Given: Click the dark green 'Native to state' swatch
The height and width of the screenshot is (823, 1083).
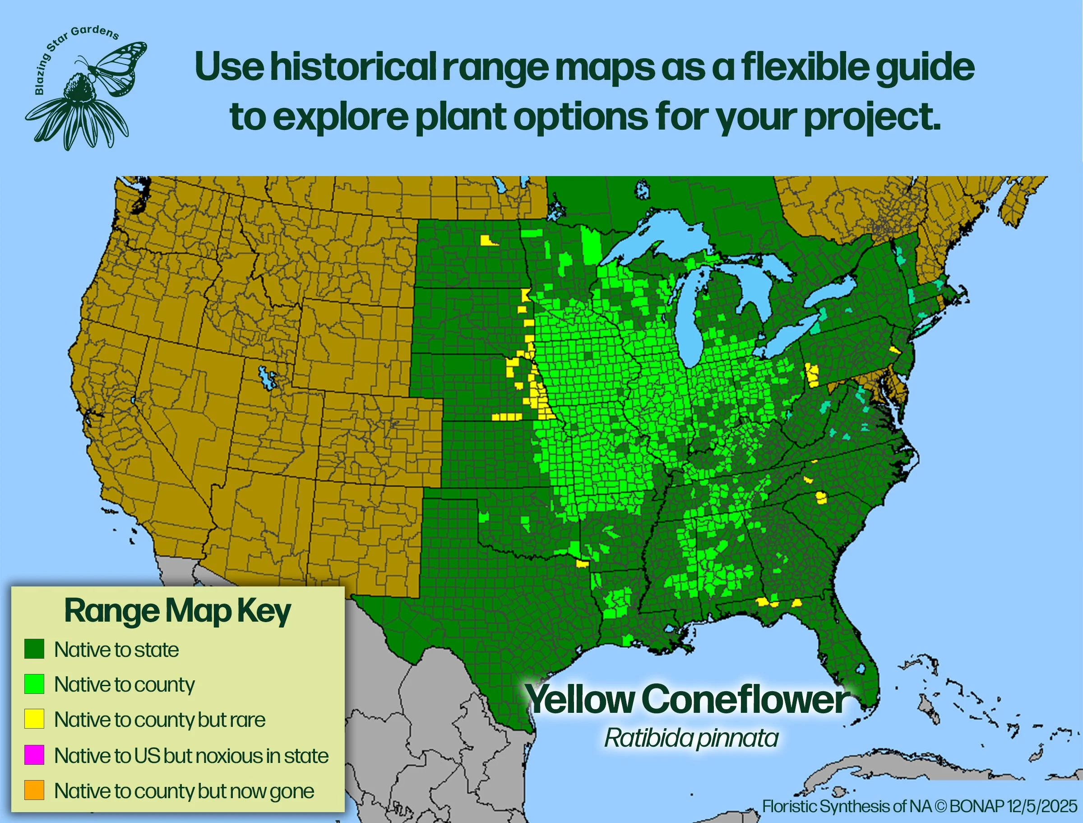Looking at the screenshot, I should pos(34,649).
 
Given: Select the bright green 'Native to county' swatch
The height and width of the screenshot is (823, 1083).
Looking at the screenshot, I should pos(34,684).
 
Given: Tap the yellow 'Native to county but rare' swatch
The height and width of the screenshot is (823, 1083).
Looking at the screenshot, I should pos(34,719).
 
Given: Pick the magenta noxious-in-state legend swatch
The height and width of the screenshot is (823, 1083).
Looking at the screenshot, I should pos(34,755).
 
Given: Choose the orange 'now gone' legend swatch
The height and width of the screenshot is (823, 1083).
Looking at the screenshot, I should pos(34,790).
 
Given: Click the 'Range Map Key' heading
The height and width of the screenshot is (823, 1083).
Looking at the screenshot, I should pos(177,611).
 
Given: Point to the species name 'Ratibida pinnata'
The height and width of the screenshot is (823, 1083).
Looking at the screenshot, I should pos(691,738).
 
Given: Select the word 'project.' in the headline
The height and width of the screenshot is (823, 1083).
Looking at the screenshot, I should pos(871,117).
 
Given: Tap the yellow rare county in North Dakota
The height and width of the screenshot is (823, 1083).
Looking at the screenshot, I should pos(489,241).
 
